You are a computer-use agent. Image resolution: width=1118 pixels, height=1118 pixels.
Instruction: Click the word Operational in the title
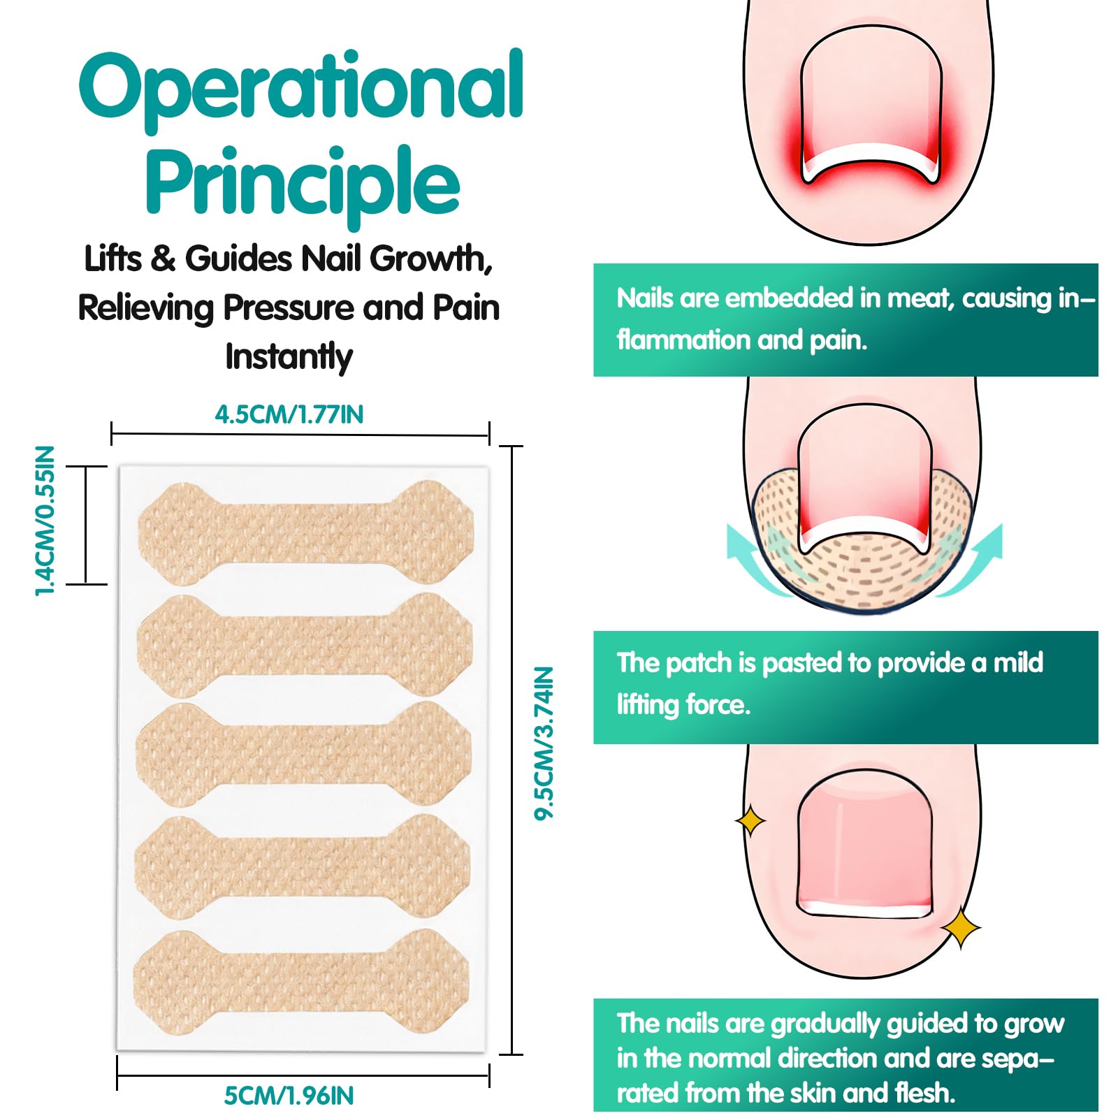(x=301, y=90)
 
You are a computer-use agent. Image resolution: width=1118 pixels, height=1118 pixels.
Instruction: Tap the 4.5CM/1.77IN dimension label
(x=289, y=414)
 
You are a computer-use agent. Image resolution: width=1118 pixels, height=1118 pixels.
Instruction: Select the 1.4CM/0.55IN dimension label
(x=45, y=521)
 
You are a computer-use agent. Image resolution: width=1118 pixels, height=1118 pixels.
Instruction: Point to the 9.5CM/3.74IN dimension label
(x=544, y=743)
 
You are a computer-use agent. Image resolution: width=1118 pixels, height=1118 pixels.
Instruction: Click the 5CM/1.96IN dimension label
(x=289, y=1095)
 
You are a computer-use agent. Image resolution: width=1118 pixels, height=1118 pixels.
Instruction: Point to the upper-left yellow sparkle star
(x=750, y=820)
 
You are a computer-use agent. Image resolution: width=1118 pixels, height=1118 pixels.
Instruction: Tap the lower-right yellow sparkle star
(x=961, y=928)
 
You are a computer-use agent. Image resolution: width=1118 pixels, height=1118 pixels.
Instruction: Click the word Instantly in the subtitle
(x=289, y=357)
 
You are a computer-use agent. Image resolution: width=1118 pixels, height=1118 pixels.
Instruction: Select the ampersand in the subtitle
(x=163, y=259)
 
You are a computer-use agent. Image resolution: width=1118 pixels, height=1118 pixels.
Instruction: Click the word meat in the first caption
(x=921, y=299)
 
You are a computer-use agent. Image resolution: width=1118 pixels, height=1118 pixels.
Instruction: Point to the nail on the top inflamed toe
(x=871, y=105)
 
